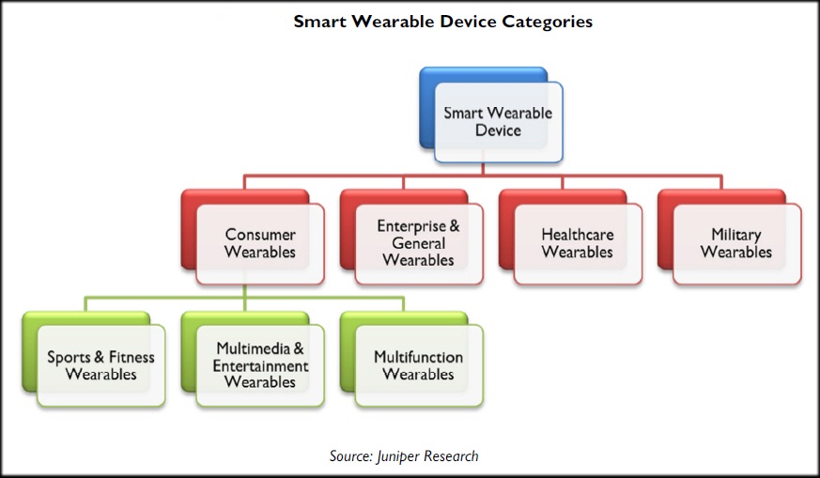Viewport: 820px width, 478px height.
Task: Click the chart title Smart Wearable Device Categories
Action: point(443,22)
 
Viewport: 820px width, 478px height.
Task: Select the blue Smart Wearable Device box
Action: point(491,115)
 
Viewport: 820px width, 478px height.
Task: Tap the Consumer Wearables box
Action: point(253,237)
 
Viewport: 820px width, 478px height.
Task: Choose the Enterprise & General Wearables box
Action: point(411,237)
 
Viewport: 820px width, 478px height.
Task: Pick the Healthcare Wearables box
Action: point(570,237)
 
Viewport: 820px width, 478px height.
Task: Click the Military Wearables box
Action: point(730,237)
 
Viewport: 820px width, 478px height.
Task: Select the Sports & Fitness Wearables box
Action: point(94,360)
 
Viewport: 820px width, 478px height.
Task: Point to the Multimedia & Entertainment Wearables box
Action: point(253,360)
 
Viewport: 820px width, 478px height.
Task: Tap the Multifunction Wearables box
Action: point(411,360)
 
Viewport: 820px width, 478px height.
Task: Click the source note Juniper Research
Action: point(404,456)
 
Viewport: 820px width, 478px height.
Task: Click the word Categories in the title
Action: point(547,23)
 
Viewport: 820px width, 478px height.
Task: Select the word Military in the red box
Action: point(736,235)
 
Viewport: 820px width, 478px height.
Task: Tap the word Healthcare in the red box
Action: point(578,234)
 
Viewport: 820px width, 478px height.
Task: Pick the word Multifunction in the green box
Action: point(418,357)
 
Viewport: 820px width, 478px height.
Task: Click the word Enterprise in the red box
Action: point(411,226)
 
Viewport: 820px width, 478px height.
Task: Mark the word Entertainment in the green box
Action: point(260,365)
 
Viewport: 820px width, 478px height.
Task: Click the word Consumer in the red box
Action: point(260,234)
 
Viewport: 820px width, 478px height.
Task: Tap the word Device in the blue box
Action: point(498,131)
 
